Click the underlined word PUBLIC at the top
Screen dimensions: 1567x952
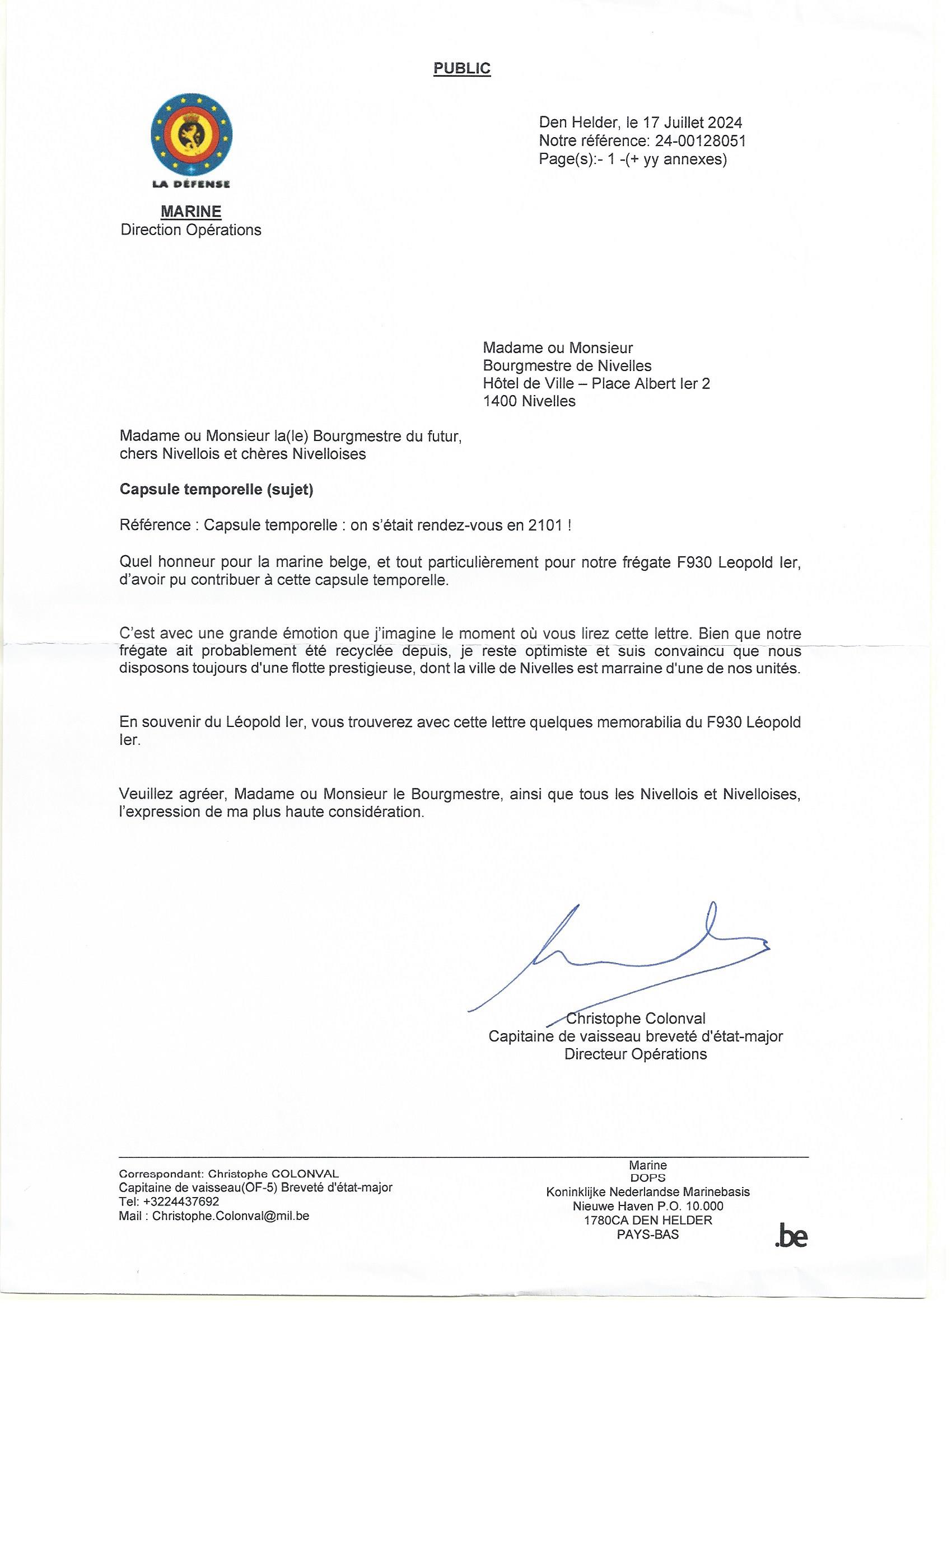click(461, 68)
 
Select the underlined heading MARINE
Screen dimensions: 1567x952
click(191, 211)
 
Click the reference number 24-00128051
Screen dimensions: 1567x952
click(700, 140)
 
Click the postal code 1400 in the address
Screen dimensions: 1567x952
click(500, 401)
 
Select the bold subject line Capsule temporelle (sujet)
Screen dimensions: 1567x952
click(216, 490)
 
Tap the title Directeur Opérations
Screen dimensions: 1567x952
click(635, 1054)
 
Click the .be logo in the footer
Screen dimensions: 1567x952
click(791, 1236)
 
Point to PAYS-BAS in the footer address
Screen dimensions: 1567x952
click(647, 1235)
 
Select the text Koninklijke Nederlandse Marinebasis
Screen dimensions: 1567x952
click(647, 1192)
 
